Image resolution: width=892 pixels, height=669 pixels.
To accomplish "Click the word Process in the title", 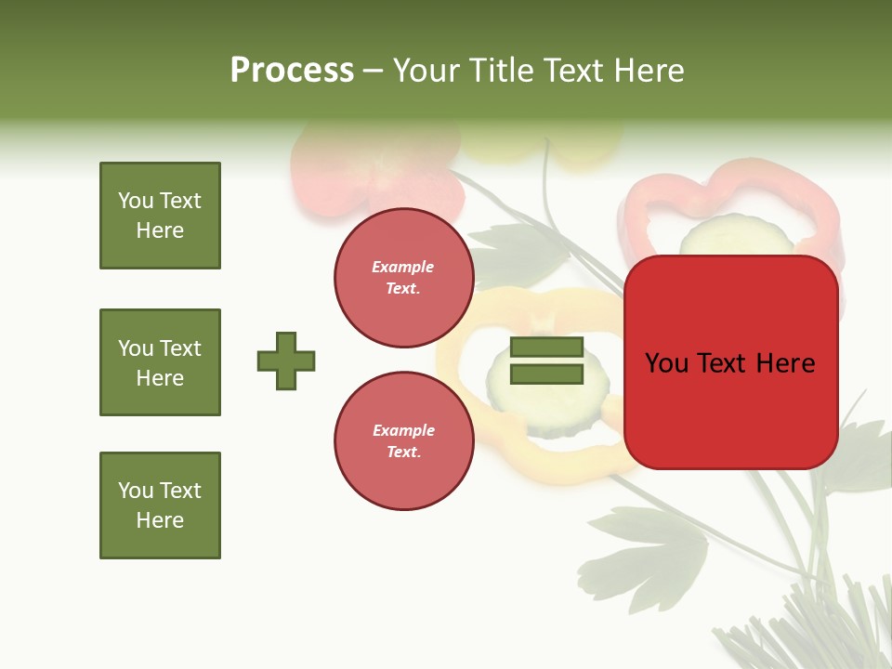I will click(x=292, y=71).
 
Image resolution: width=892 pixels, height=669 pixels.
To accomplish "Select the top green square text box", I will click(x=160, y=216).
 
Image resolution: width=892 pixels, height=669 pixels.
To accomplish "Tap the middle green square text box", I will click(x=160, y=362).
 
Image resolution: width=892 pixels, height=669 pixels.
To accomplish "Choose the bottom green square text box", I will click(x=160, y=505).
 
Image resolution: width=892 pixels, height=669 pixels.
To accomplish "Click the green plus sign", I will click(x=286, y=361).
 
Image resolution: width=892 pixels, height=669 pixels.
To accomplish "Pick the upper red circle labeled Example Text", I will click(x=404, y=278).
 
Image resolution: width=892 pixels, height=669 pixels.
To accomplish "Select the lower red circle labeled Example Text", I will click(x=404, y=441).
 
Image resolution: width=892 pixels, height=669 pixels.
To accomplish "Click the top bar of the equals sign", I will click(x=546, y=348).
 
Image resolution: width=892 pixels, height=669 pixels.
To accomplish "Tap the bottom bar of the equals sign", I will click(x=546, y=374).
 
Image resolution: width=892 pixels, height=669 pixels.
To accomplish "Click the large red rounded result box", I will click(x=730, y=409).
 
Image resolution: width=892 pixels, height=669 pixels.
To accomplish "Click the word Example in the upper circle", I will click(x=402, y=267).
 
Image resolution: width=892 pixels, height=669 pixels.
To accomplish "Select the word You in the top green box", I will click(x=136, y=201).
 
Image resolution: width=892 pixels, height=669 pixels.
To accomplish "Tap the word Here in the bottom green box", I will click(x=160, y=520).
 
